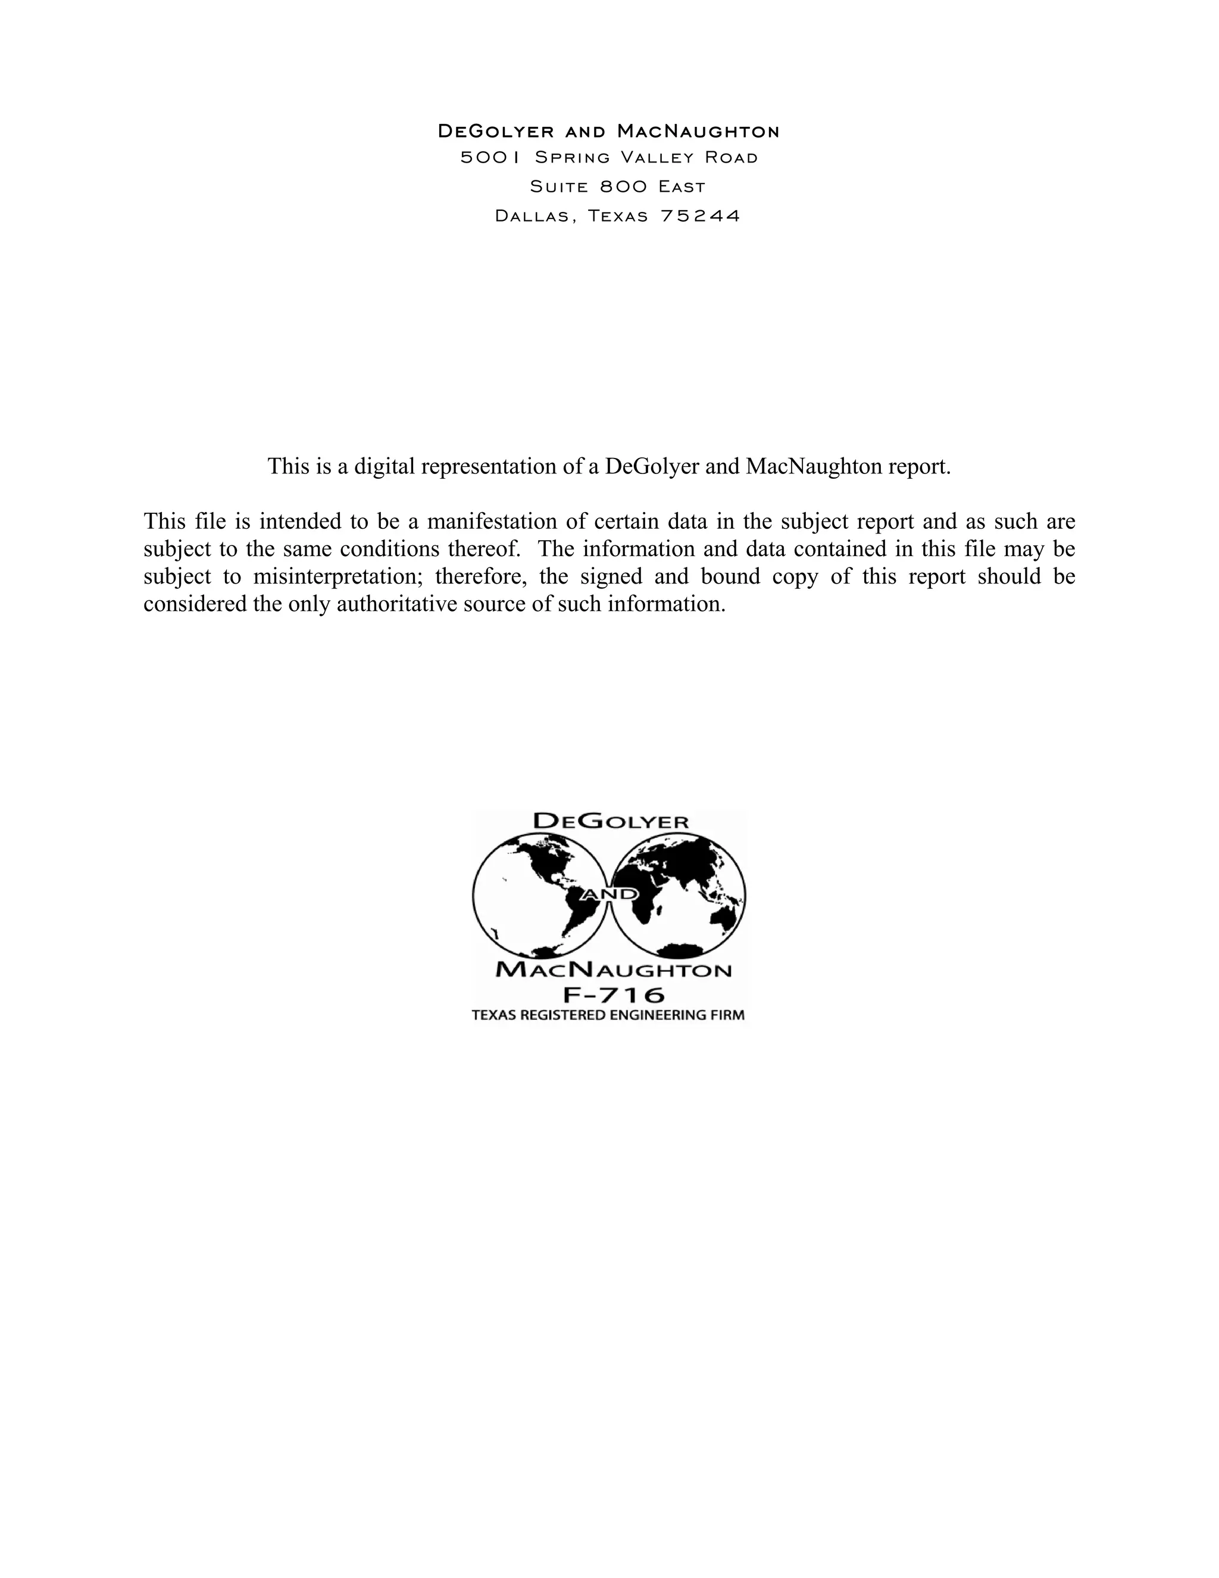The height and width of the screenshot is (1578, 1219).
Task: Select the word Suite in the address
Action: (x=559, y=187)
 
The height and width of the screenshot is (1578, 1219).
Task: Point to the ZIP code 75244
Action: (x=701, y=216)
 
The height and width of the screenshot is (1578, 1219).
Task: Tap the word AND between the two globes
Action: (x=610, y=894)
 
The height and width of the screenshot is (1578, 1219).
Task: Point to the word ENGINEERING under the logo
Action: (x=664, y=1015)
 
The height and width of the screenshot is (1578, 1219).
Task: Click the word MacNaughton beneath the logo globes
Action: (x=613, y=969)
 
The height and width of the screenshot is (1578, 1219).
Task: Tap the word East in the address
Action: (x=681, y=187)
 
